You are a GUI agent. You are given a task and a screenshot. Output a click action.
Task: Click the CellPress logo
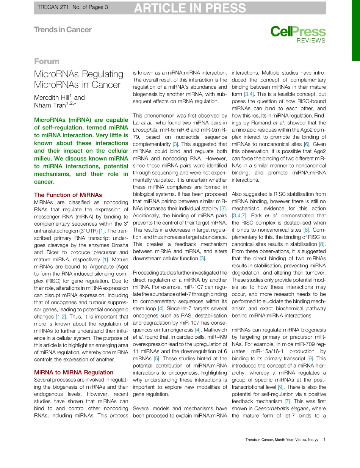point(298,32)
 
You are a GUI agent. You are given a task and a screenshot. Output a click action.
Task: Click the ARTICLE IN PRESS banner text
point(190,8)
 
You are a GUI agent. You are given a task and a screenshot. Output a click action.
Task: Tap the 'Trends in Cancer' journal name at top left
point(63,30)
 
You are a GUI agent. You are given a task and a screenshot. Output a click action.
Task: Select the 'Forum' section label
point(47,61)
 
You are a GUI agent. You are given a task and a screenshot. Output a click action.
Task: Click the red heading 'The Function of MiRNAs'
point(68,195)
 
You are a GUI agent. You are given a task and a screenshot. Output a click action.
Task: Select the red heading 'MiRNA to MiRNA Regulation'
point(74,372)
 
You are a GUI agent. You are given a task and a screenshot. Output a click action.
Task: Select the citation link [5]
point(157,358)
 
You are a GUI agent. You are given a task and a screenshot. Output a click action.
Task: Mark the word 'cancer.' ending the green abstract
point(44,182)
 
